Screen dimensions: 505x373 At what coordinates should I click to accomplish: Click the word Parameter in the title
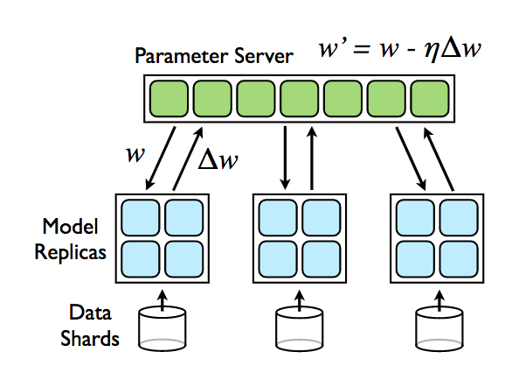click(182, 56)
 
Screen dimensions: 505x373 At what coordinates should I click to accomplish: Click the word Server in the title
click(264, 56)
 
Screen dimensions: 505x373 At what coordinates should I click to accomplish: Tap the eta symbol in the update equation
click(432, 51)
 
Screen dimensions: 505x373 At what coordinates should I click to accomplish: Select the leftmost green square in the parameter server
click(169, 98)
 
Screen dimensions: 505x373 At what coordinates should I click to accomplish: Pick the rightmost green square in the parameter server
click(430, 98)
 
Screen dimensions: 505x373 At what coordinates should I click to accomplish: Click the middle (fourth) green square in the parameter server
click(300, 98)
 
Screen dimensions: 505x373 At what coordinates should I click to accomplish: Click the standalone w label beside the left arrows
click(135, 154)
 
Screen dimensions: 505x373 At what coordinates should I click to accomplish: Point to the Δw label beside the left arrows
click(218, 159)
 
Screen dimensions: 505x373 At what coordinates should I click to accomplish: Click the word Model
click(70, 226)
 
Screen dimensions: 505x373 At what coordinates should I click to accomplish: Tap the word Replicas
click(70, 251)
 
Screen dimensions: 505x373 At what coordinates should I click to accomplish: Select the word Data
click(90, 312)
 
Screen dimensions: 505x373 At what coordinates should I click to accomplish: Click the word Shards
click(90, 338)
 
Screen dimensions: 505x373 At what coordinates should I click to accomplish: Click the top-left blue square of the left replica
click(141, 217)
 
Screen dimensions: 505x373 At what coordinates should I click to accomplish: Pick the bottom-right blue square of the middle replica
click(322, 259)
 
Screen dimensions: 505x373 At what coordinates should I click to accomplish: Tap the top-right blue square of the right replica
click(459, 217)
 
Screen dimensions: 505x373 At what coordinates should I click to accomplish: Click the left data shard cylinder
click(163, 328)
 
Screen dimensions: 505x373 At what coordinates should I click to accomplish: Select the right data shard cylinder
click(439, 328)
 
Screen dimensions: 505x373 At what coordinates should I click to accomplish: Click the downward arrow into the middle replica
click(285, 158)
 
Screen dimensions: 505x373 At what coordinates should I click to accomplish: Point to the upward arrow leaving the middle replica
click(311, 158)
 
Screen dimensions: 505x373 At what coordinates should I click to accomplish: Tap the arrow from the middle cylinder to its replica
click(300, 300)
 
